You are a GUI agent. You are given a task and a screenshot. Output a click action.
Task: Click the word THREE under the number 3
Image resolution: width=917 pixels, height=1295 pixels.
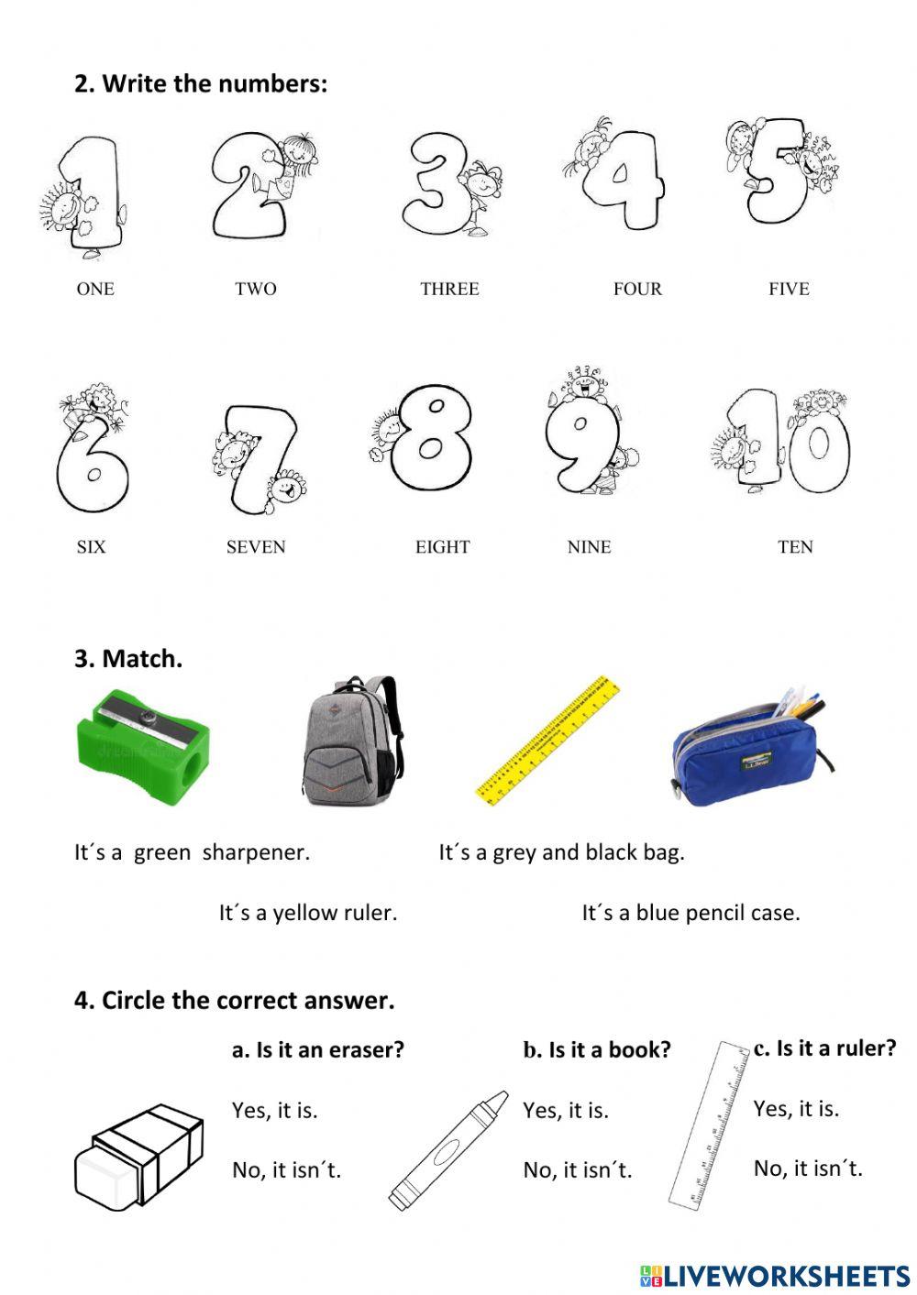click(x=449, y=289)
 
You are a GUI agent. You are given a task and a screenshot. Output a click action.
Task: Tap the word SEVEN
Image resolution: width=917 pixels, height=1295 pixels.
click(x=256, y=547)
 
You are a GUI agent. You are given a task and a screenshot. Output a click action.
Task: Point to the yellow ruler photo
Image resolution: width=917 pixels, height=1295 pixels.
click(x=547, y=741)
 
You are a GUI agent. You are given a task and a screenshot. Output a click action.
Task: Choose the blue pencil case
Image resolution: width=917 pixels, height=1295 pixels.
click(x=749, y=750)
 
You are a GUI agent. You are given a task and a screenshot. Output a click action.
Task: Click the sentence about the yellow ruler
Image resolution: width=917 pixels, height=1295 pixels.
click(x=308, y=913)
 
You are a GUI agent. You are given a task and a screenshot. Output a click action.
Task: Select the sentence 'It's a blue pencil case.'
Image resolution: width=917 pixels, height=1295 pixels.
click(x=691, y=913)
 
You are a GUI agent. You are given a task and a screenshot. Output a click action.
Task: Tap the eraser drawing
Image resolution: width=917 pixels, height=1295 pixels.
click(x=138, y=1157)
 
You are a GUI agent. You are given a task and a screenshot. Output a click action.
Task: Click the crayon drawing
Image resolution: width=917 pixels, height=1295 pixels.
click(x=448, y=1150)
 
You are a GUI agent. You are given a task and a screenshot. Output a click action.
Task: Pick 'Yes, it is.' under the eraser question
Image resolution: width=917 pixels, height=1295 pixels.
click(x=274, y=1111)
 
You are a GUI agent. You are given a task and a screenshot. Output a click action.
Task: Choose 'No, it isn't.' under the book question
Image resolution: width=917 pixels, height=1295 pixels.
click(x=578, y=1170)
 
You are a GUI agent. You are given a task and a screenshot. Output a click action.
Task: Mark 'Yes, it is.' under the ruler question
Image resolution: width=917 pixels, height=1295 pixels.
click(x=796, y=1109)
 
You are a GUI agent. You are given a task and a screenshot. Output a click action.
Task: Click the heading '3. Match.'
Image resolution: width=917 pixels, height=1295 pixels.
click(x=128, y=659)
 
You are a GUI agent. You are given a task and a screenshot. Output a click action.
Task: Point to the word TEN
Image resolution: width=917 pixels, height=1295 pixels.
click(x=795, y=547)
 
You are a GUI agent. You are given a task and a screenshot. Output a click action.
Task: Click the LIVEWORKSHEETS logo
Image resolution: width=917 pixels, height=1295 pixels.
click(x=775, y=1275)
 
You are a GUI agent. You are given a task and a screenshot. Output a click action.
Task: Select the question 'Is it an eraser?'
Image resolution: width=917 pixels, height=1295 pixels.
click(x=318, y=1050)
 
